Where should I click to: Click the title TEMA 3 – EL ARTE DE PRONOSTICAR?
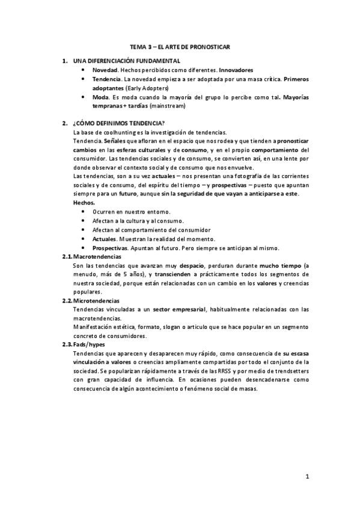coord(180,46)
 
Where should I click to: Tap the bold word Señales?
coord(114,141)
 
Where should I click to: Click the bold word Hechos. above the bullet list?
coord(84,203)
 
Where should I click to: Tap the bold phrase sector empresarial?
coord(178,310)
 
